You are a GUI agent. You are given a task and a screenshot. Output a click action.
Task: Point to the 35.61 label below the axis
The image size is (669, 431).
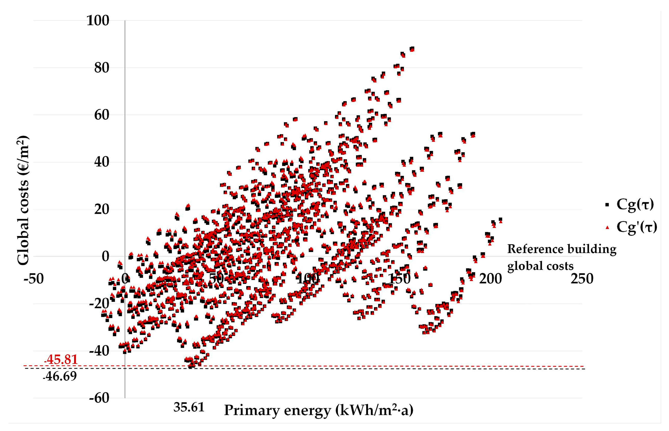click(189, 407)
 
